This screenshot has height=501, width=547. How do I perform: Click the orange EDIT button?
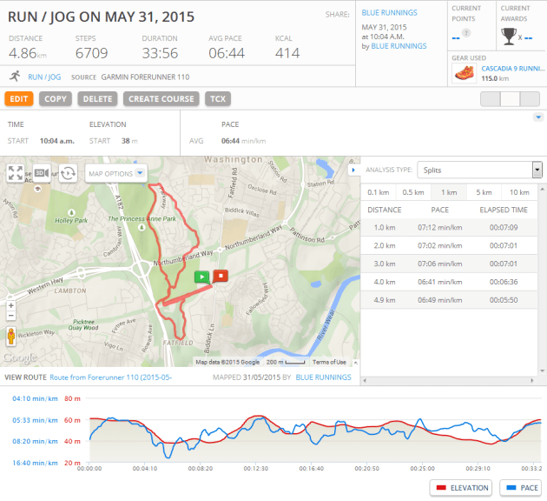tap(19, 99)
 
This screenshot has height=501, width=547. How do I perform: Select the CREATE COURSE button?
tap(161, 99)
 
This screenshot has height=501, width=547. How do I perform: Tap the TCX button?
tap(217, 99)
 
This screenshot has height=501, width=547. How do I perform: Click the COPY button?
tap(56, 99)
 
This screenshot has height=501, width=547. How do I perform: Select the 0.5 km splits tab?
tap(412, 192)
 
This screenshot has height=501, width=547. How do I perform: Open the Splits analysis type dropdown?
tap(479, 170)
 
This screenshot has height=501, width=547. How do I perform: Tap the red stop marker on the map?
tap(221, 277)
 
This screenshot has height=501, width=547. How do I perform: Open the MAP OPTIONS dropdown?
tap(115, 173)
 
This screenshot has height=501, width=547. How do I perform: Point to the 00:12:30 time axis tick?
tap(255, 468)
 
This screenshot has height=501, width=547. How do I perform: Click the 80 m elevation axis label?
tap(71, 399)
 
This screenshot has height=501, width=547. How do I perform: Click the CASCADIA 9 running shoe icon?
tap(465, 73)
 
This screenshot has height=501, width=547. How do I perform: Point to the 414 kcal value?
tap(287, 53)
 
